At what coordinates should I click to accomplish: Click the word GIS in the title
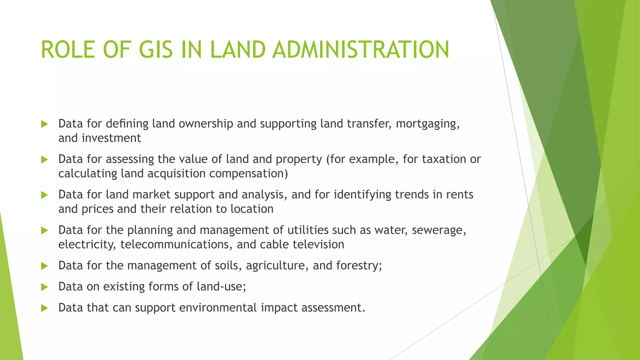[156, 50]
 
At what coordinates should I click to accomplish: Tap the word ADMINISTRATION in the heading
[361, 50]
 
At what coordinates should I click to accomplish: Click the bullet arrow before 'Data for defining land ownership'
[44, 124]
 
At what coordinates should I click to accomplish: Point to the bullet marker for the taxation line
[44, 160]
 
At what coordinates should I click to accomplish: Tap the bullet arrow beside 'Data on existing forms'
[44, 287]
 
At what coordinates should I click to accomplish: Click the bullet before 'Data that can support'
[44, 308]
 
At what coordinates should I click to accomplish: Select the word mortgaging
[427, 124]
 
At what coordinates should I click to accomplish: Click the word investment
[111, 138]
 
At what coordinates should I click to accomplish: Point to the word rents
[459, 195]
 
